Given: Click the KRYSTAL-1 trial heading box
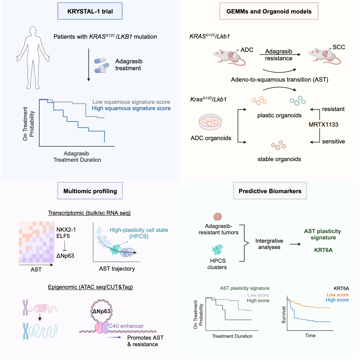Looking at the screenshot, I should point(90,11).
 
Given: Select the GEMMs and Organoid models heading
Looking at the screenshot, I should point(269,11).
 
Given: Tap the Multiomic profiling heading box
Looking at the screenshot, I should point(90,191).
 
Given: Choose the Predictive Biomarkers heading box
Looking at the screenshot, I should point(270,191).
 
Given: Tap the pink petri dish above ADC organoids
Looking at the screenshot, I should point(210,122).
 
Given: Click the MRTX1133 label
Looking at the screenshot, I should point(323,124).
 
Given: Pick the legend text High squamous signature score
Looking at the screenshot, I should point(131,108).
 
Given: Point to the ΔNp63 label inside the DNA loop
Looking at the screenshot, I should point(101,311).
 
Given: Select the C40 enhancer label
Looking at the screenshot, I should point(126,326).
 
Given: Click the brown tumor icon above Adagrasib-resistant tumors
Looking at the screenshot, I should point(217,217).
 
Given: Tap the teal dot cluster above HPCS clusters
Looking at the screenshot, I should point(217,250).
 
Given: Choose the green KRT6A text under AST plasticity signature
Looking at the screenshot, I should point(323,250).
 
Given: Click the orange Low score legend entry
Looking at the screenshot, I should point(337,295).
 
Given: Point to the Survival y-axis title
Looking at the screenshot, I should point(283,315).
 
